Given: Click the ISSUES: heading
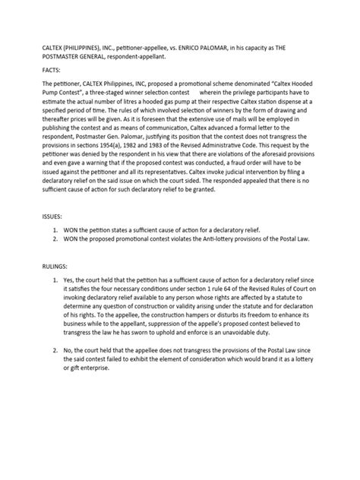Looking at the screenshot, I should pyautogui.click(x=36, y=216).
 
